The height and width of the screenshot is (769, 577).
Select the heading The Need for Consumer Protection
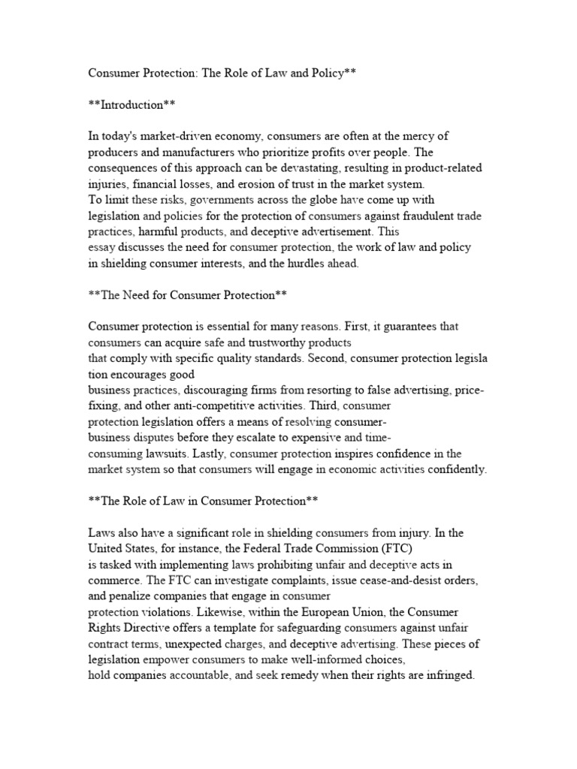point(188,295)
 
